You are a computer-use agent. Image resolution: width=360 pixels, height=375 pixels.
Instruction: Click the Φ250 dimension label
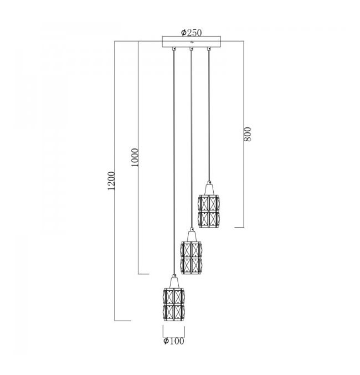[192, 33]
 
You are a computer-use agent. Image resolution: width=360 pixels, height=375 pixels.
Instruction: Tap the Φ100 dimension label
[174, 341]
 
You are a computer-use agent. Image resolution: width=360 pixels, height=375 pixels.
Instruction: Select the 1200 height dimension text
[111, 181]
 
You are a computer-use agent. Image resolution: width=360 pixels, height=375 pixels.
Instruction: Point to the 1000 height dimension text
[135, 157]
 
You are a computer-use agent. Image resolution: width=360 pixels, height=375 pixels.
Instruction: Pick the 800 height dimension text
[248, 134]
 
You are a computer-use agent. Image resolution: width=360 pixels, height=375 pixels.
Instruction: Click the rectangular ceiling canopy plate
[192, 42]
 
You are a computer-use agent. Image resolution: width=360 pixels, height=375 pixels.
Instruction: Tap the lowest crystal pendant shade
[174, 305]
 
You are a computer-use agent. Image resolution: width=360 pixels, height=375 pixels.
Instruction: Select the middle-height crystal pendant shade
[191, 258]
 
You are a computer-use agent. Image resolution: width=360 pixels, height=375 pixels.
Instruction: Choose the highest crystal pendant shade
[209, 211]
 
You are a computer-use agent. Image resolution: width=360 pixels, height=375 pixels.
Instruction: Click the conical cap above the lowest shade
[174, 282]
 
